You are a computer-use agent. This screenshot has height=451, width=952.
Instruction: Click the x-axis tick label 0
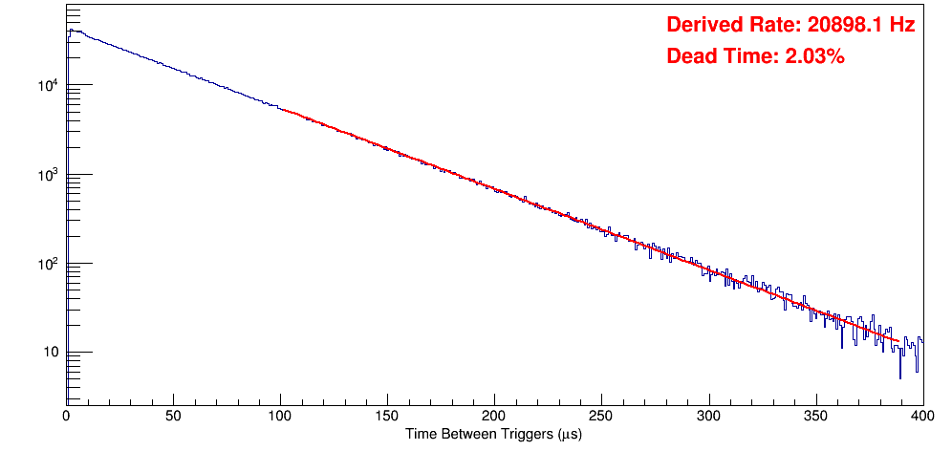[x=66, y=416]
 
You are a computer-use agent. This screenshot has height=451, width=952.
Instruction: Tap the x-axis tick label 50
[x=173, y=416]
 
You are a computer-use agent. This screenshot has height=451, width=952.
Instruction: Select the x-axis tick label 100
[x=280, y=416]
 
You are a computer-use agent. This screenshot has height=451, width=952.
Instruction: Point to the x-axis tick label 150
[x=387, y=416]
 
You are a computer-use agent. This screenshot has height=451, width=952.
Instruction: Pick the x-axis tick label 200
[x=494, y=416]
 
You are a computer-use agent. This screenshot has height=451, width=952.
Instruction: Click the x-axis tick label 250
[x=601, y=416]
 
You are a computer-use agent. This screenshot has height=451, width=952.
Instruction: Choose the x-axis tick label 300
[x=708, y=416]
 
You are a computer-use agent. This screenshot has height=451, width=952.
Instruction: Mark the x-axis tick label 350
[x=815, y=416]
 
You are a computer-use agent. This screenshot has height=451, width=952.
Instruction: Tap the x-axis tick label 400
[x=921, y=416]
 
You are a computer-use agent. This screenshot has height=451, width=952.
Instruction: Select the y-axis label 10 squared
[x=48, y=264]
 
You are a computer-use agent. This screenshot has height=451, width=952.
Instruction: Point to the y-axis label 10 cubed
[x=48, y=175]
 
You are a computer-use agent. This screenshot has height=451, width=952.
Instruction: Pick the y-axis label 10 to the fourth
[x=48, y=86]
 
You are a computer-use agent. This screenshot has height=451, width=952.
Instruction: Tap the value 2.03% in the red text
[x=814, y=57]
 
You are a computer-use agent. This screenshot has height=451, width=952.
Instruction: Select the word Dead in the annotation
[x=689, y=57]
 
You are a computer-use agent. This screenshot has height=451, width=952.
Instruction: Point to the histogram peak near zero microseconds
[x=69, y=31]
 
